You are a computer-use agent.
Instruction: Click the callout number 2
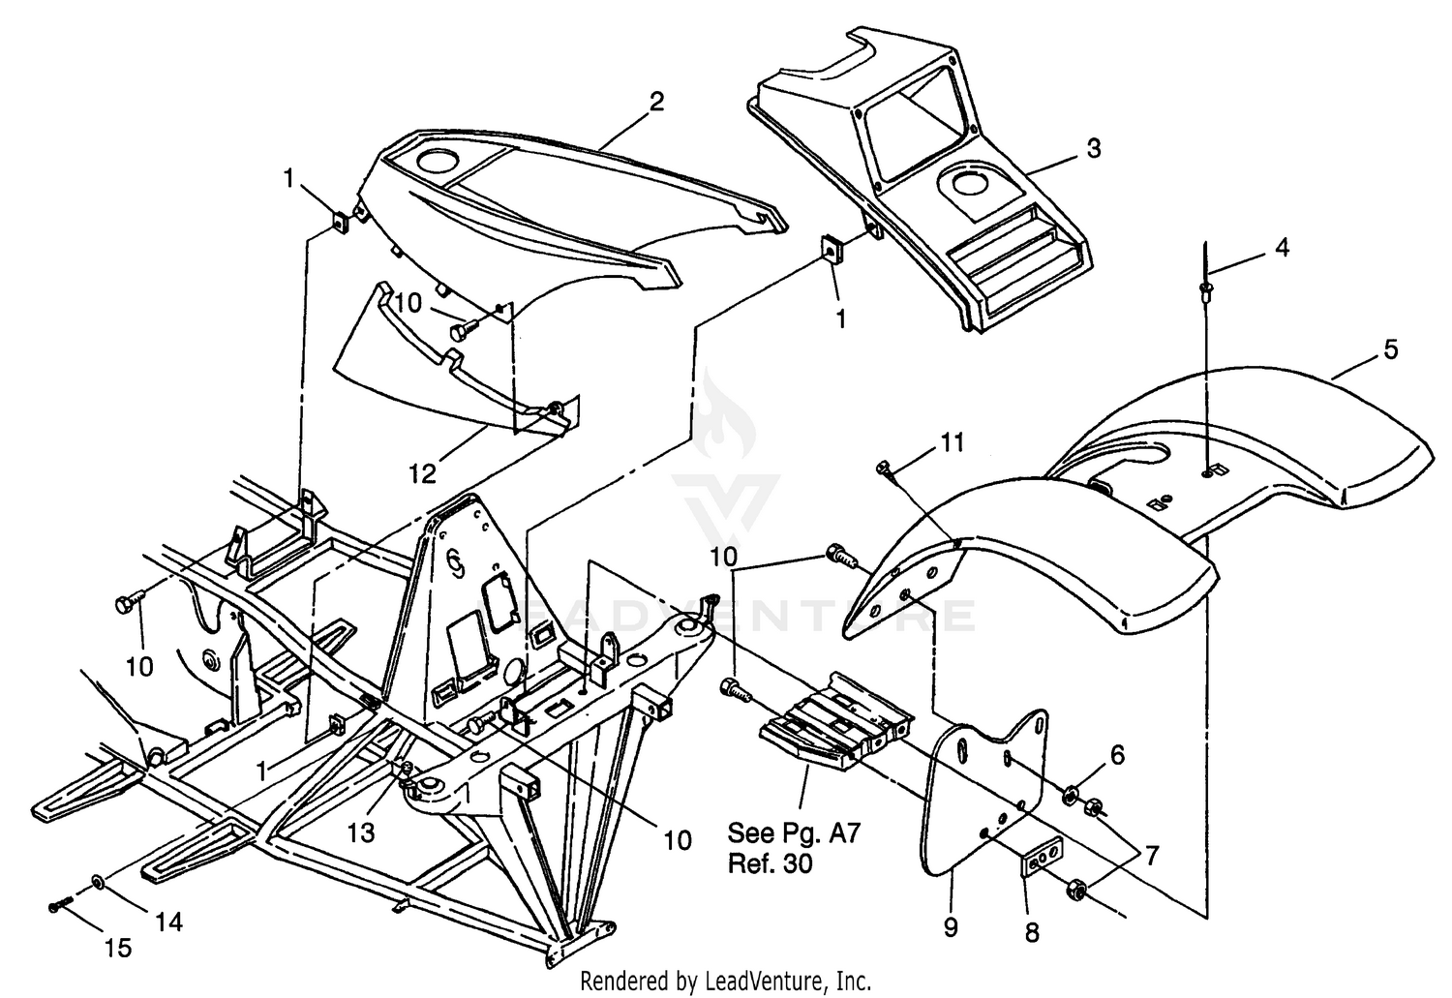coord(656,101)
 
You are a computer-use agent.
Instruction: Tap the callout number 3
coord(1094,148)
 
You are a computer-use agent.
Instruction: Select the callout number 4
coord(1282,247)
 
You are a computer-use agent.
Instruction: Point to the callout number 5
coord(1390,349)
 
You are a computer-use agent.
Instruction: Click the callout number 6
coord(1117,755)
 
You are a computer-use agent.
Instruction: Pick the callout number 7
coord(1151,857)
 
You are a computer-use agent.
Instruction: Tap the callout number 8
coord(1033,932)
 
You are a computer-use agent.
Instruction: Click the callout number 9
coord(951,927)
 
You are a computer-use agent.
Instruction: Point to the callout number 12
coord(422,473)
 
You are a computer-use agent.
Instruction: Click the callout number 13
coord(360,832)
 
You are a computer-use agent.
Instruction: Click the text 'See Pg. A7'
coord(794,833)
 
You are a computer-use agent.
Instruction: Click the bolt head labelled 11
coord(883,467)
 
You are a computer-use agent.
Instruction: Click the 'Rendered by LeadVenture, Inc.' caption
coord(726,982)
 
